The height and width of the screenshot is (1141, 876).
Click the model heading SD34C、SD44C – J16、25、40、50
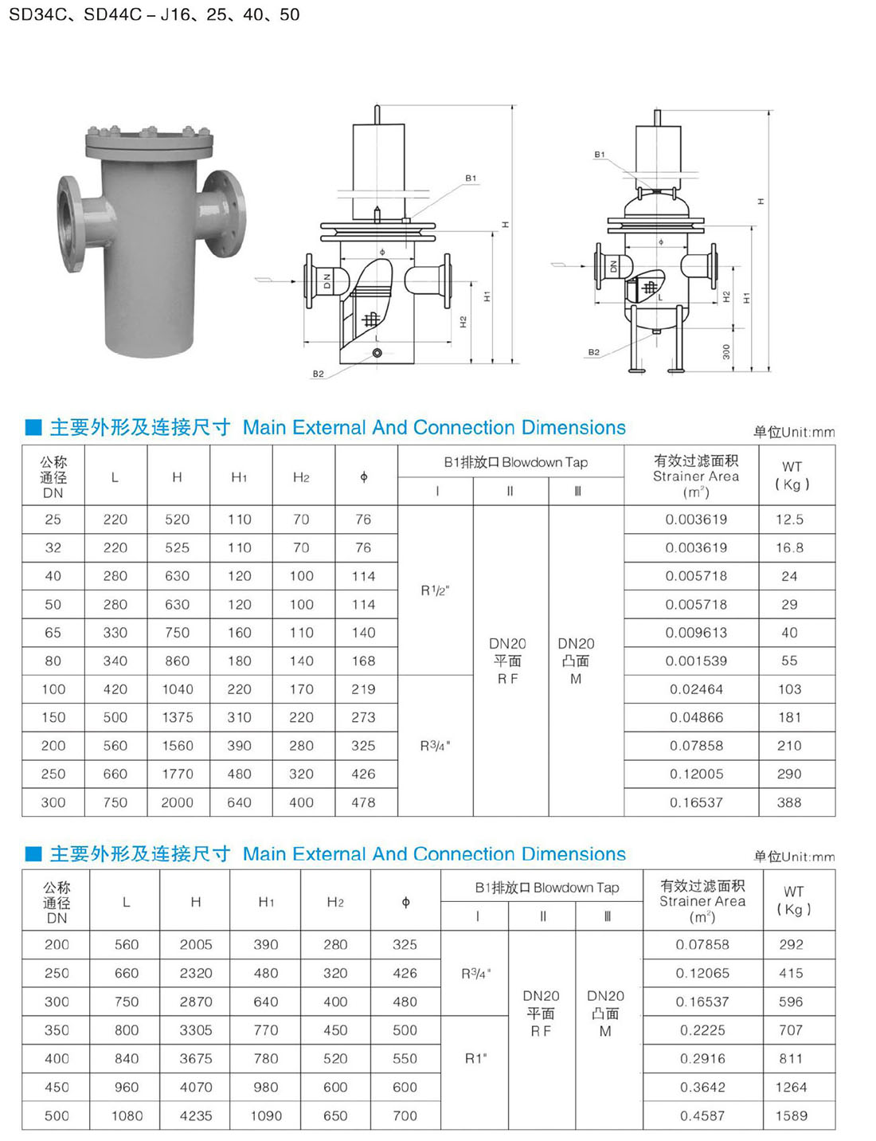click(154, 14)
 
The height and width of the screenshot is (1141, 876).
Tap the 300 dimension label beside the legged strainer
click(726, 351)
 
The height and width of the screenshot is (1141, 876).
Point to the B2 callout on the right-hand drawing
click(593, 352)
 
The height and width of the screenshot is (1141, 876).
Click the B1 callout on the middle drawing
click(471, 178)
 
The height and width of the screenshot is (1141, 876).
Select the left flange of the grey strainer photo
click(71, 224)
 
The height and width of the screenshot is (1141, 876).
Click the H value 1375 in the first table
click(178, 717)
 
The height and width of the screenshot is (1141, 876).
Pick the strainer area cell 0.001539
click(696, 661)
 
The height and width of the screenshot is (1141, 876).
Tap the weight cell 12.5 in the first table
click(789, 520)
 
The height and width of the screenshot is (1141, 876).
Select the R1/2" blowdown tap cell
click(436, 590)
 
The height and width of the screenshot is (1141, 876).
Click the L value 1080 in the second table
click(127, 1116)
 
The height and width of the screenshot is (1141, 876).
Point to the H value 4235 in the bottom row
click(196, 1116)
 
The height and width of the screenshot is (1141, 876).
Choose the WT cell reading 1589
click(791, 1116)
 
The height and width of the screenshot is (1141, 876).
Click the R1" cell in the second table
click(475, 1059)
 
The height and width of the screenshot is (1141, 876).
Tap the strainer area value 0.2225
click(702, 1030)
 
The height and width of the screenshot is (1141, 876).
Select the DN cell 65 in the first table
click(53, 632)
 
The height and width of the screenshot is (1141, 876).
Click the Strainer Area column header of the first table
click(695, 476)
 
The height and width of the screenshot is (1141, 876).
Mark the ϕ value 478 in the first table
click(363, 802)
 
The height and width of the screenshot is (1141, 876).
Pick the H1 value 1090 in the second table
click(266, 1116)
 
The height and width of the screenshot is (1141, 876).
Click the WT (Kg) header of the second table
click(794, 900)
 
